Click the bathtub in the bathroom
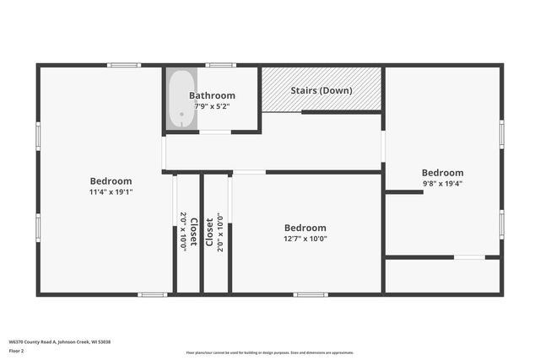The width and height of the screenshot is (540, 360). [180, 99]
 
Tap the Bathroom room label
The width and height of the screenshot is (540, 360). [212, 95]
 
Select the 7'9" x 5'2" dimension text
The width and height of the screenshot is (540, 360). [212, 106]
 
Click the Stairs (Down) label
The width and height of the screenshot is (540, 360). [321, 89]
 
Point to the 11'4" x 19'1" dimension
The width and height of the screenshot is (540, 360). [111, 191]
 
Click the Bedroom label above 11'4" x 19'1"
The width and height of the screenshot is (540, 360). [111, 180]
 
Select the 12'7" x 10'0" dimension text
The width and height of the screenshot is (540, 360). [305, 239]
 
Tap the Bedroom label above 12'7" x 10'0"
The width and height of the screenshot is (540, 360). [305, 228]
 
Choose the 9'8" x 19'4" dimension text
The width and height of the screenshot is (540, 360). [442, 183]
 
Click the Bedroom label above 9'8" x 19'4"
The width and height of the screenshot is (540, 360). [442, 172]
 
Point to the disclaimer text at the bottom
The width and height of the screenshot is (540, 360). [270, 352]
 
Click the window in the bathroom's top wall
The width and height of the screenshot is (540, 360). [221, 65]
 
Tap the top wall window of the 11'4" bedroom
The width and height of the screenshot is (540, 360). [124, 65]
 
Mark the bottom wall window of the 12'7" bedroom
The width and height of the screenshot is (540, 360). [310, 294]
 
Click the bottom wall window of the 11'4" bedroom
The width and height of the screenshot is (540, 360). [153, 294]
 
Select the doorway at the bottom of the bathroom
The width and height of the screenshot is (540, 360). [215, 132]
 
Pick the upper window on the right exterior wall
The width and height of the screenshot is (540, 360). [502, 134]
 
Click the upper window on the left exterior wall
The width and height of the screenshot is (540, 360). [38, 136]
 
